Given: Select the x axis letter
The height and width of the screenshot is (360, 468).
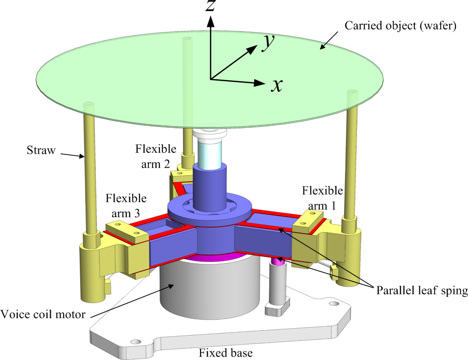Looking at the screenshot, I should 277,86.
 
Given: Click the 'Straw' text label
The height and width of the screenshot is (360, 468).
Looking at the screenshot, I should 40,149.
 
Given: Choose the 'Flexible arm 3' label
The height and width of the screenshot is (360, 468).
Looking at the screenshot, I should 126,206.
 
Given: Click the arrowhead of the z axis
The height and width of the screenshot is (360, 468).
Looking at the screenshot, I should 211,21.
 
